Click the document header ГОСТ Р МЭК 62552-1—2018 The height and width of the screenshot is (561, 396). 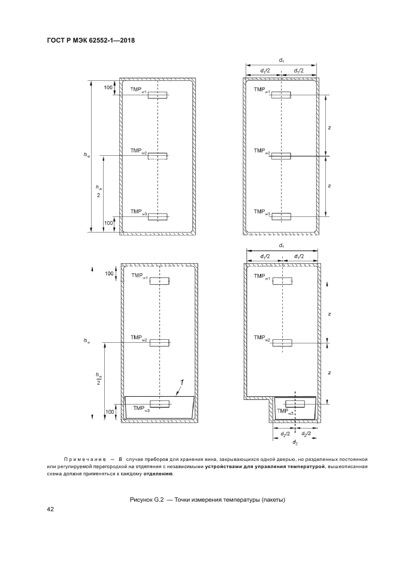[x=91, y=40]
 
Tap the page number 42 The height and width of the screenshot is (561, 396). [x=50, y=509]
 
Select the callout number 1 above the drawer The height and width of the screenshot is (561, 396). [x=182, y=383]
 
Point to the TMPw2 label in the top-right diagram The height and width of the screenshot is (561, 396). [x=262, y=152]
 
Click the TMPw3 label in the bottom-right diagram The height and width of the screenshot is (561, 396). [x=286, y=412]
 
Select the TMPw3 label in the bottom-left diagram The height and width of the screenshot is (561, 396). [x=141, y=409]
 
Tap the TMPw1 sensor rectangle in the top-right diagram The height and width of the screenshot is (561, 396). [x=281, y=95]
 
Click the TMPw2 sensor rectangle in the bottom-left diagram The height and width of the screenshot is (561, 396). [x=159, y=342]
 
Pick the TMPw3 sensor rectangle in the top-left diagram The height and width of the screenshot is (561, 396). [x=158, y=216]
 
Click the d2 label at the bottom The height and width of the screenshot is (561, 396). [x=295, y=443]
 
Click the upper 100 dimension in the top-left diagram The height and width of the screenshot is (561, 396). [x=108, y=87]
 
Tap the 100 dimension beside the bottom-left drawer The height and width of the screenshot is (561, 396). [x=110, y=412]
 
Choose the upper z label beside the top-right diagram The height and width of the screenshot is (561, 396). [x=329, y=128]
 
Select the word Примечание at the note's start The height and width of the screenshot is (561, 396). [x=84, y=459]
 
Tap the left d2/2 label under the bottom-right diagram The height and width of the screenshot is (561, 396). [x=281, y=433]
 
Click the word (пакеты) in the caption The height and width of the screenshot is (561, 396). [x=273, y=500]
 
